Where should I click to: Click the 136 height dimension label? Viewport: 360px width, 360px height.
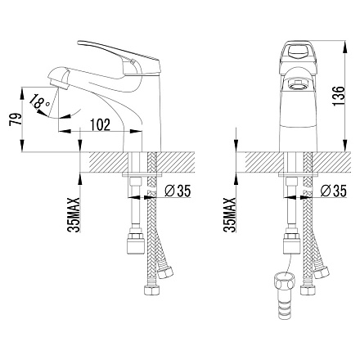(339, 96)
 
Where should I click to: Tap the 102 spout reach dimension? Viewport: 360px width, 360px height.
(100, 124)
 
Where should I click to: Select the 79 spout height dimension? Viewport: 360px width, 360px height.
(16, 119)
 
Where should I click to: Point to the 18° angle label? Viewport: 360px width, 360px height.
(39, 101)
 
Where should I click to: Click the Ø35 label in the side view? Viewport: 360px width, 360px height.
(178, 191)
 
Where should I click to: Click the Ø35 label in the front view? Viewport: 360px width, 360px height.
(333, 191)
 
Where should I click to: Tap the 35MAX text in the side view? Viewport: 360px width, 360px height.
(74, 214)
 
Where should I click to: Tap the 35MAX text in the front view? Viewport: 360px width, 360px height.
(229, 214)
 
